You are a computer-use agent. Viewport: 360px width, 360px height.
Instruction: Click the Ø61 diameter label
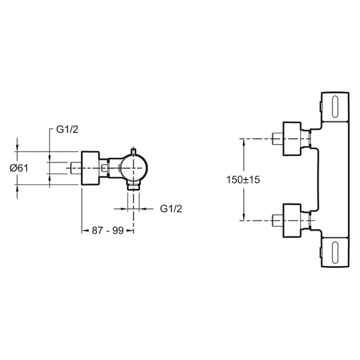point(19,168)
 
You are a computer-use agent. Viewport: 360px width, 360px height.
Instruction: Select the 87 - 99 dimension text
point(108,230)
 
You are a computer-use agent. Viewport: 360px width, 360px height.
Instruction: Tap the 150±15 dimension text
point(243,179)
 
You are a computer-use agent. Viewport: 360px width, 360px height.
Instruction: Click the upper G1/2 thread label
point(67,130)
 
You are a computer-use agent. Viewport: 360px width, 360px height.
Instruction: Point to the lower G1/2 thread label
point(171,209)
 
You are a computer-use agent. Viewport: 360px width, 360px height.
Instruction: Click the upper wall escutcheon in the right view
point(292,139)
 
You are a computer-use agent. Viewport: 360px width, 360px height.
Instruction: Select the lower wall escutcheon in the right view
point(292,221)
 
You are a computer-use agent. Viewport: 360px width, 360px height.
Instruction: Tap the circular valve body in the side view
point(134,168)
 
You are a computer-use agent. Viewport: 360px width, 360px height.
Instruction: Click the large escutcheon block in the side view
point(91,168)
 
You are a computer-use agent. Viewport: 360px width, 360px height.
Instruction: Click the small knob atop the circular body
point(134,151)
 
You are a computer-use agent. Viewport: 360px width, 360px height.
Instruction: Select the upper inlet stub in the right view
point(278,139)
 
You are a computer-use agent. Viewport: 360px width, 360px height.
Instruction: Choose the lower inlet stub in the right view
point(278,221)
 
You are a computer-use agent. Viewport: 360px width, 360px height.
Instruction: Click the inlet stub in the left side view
point(77,168)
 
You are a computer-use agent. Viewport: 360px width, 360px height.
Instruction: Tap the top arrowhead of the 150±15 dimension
point(244,142)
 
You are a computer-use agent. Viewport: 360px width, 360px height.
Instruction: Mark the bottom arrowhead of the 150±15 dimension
point(244,217)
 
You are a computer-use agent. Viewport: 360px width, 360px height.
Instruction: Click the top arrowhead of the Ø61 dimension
point(17,148)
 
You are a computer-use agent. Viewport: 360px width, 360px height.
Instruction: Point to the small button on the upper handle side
point(321,106)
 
